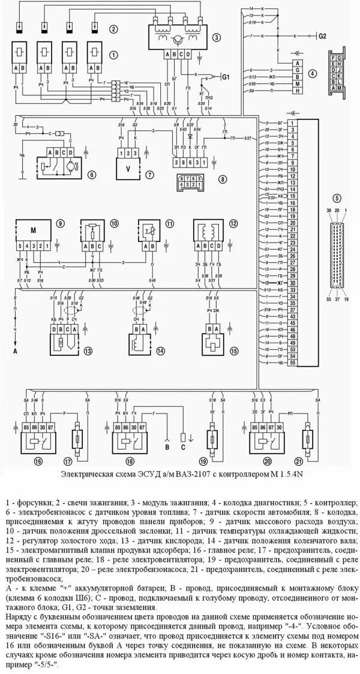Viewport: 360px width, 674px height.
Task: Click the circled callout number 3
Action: (x=215, y=36)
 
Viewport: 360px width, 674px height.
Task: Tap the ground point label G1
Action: (x=226, y=77)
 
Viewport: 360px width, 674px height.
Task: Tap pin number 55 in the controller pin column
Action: (x=293, y=363)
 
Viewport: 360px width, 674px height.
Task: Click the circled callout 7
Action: (x=149, y=175)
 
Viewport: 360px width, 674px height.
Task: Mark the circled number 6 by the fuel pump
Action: (x=92, y=175)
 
